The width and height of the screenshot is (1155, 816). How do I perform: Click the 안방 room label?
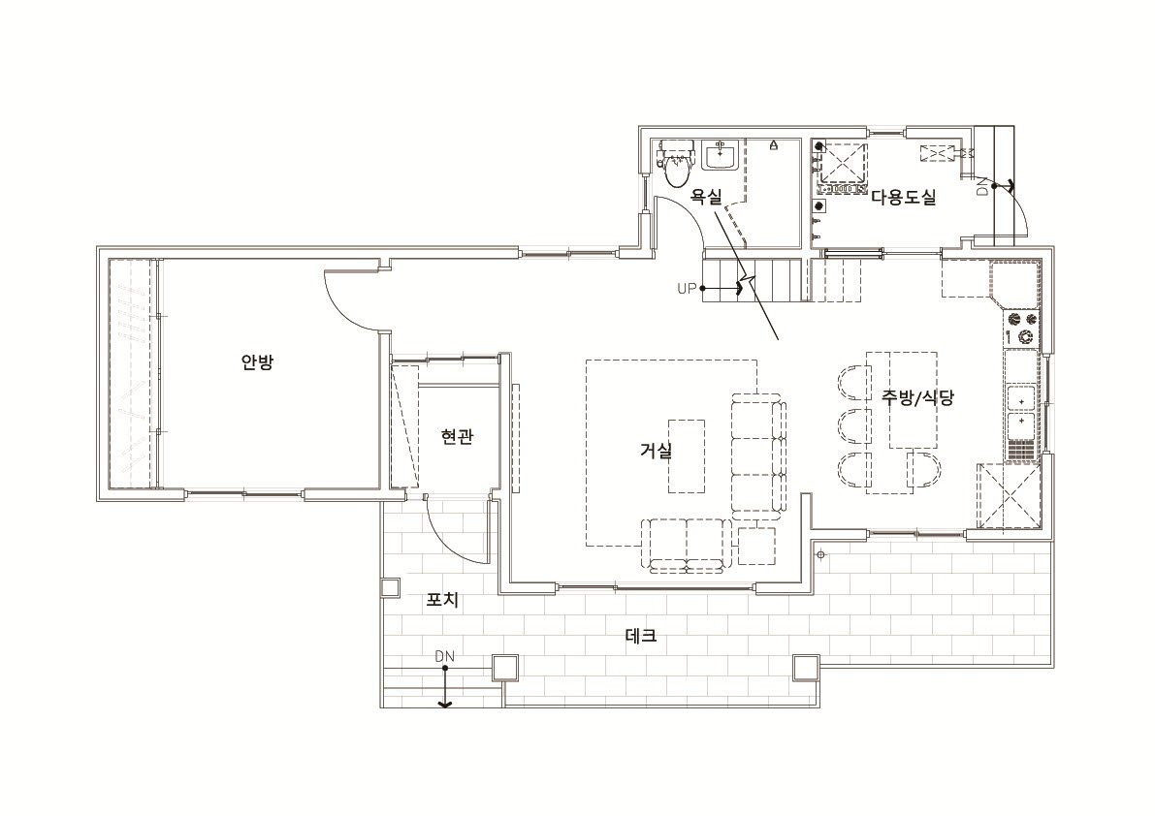[257, 362]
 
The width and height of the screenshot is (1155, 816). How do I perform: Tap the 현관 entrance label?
[457, 437]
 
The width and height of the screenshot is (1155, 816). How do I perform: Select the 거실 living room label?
[656, 451]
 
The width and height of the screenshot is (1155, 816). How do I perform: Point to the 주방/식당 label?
[917, 397]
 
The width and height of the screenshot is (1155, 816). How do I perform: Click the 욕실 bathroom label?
[706, 197]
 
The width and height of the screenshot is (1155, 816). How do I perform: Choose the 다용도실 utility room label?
[904, 197]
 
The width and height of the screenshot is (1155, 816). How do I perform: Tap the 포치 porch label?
[442, 600]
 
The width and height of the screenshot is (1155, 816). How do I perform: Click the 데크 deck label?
[641, 635]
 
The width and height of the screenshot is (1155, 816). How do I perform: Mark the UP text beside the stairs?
[686, 289]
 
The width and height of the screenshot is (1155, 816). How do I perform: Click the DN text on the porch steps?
[444, 655]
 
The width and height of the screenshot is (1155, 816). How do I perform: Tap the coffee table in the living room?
[687, 456]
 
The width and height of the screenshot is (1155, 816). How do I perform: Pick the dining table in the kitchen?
[902, 400]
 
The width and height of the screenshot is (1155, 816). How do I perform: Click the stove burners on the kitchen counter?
[1022, 329]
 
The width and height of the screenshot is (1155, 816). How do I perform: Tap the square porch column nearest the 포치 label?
[390, 587]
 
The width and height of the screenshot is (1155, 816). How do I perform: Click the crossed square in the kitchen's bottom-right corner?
[1009, 496]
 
